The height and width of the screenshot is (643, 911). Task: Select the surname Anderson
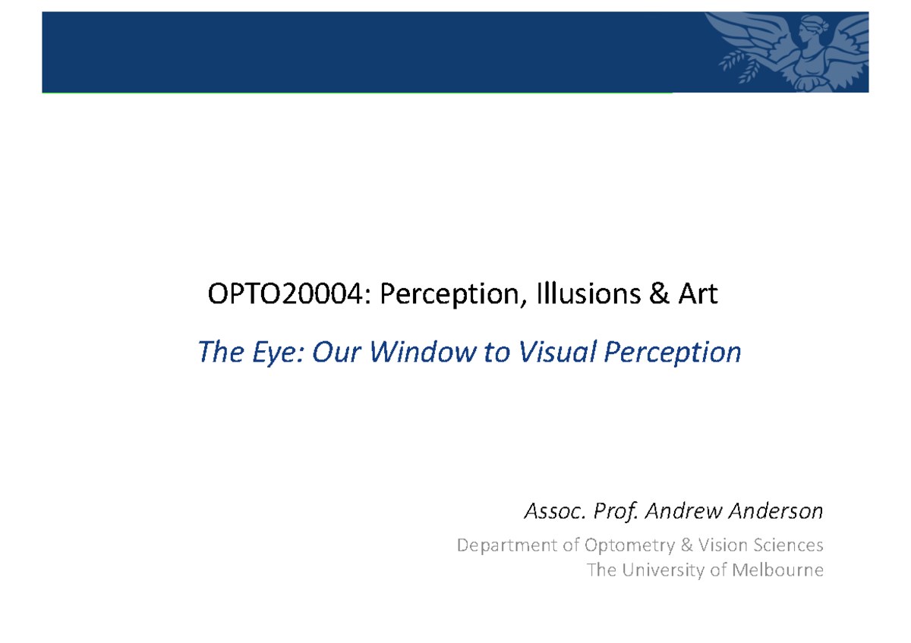(x=775, y=512)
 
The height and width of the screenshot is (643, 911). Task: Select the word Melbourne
(x=777, y=569)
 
